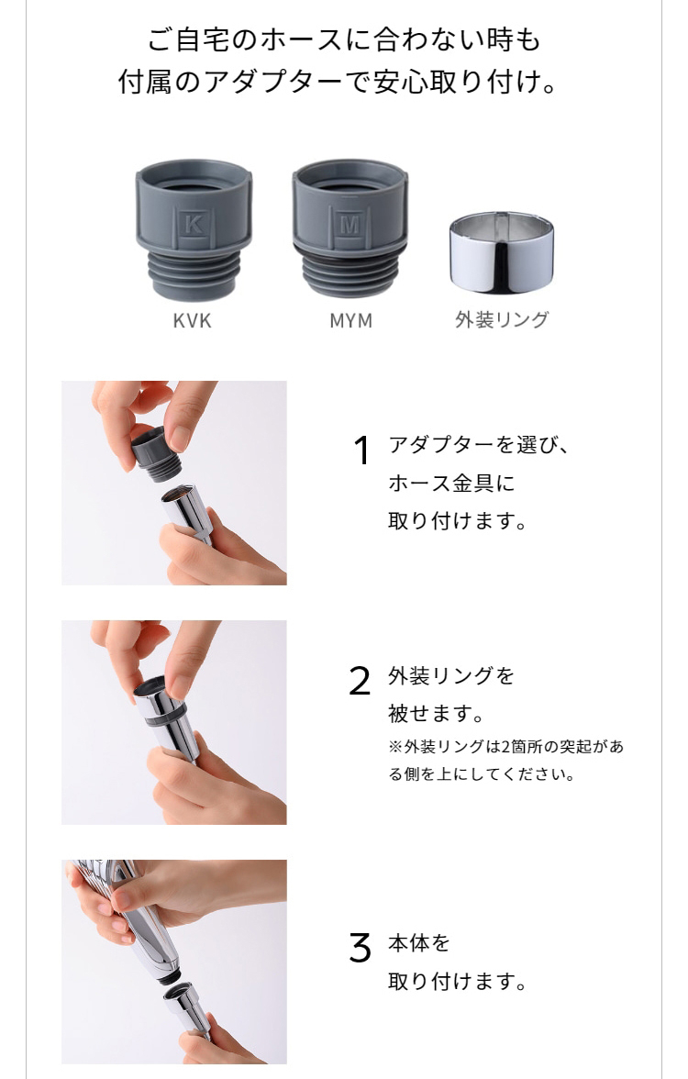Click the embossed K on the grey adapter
pos(194,224)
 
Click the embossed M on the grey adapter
pos(350,224)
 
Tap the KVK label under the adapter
pos(192,321)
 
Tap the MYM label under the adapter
pos(350,321)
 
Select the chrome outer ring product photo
pos(502,253)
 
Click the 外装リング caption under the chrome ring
pos(502,320)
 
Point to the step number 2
pos(360,681)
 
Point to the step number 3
pos(360,948)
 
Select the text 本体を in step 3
pos(419,942)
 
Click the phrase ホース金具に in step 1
pos(451,483)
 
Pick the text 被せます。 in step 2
pos(436,713)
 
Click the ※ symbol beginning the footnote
pos(394,747)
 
